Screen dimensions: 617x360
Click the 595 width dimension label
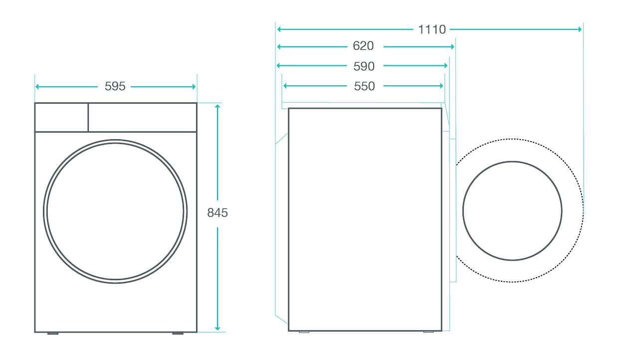pos(115,86)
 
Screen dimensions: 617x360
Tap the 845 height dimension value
pos(217,212)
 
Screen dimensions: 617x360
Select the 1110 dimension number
pos(431,29)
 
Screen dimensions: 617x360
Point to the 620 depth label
pos(363,46)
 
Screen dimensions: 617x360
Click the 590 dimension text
pos(364,66)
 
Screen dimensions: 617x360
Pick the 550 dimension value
pos(364,86)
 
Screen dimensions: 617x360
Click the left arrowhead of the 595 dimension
pos(37,87)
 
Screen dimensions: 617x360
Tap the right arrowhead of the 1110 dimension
pos(580,29)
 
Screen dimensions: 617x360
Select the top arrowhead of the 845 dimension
pos(217,106)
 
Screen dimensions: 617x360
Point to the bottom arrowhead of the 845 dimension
pos(217,328)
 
